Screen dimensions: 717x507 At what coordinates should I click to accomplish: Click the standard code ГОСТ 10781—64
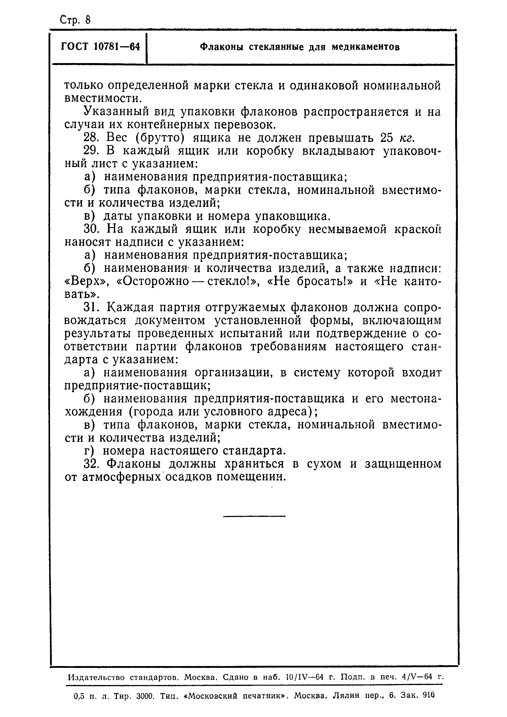[x=100, y=47]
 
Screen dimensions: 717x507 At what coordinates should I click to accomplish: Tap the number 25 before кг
[x=387, y=138]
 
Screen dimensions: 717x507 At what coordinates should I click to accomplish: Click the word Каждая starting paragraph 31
[x=131, y=308]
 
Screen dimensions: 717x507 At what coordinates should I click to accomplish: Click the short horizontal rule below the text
[x=254, y=516]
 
